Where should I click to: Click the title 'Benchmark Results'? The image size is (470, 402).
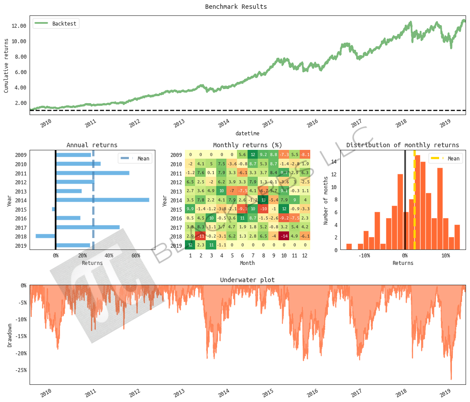tap(236, 7)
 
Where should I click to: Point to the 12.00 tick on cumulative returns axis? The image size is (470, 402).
tap(19, 26)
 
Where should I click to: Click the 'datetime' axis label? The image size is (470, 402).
tap(247, 133)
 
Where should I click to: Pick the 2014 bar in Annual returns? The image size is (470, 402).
tap(102, 200)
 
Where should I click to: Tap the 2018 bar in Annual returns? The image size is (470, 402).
tap(45, 236)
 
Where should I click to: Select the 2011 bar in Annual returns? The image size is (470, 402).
tap(93, 173)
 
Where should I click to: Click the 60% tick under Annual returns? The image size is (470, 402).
tap(135, 255)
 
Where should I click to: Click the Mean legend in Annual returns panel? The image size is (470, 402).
tap(135, 159)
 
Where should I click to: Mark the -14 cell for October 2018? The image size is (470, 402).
tap(283, 236)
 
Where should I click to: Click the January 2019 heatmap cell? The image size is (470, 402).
tap(190, 246)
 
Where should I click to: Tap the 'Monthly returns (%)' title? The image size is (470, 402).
tap(247, 145)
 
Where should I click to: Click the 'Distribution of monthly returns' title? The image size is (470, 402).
tap(402, 145)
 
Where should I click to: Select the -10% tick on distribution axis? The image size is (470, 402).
tap(364, 255)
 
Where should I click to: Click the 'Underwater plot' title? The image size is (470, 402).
tap(247, 280)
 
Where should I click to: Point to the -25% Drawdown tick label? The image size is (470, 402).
tap(20, 370)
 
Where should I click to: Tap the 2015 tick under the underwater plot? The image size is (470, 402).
tap(269, 392)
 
